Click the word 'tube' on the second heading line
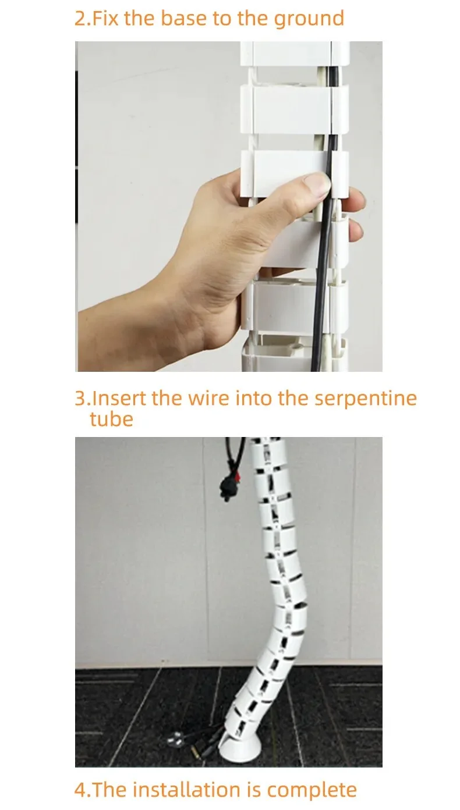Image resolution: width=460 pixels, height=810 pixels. point(111,419)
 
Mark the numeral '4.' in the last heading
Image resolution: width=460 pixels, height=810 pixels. point(82,790)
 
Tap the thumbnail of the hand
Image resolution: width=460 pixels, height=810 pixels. point(317,183)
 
